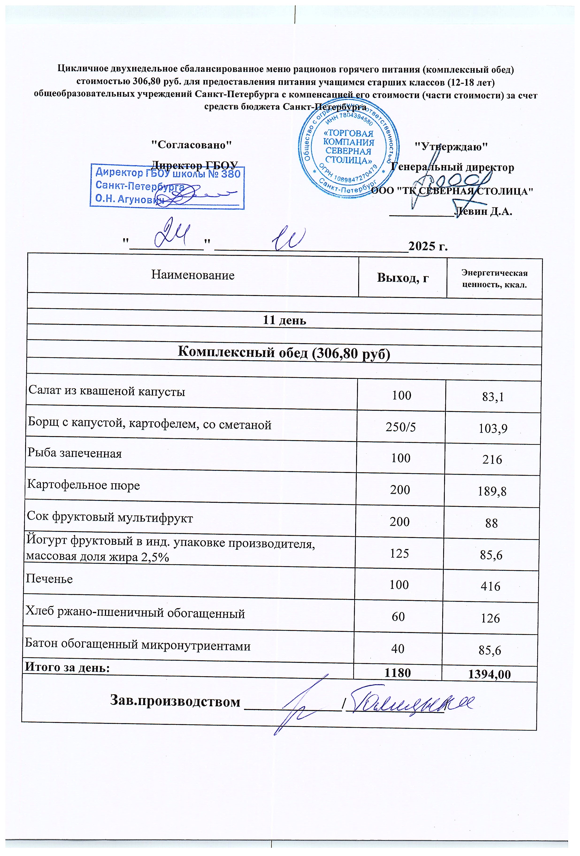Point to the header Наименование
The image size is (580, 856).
pos(193,275)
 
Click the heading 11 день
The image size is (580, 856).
pos(284,320)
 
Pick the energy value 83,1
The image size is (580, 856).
pos(493,397)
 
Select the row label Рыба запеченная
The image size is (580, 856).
pos(75,453)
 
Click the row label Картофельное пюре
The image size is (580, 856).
pos(84,485)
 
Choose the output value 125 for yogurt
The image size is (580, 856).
pos(399,554)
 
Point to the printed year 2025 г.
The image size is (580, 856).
pos(428,246)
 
